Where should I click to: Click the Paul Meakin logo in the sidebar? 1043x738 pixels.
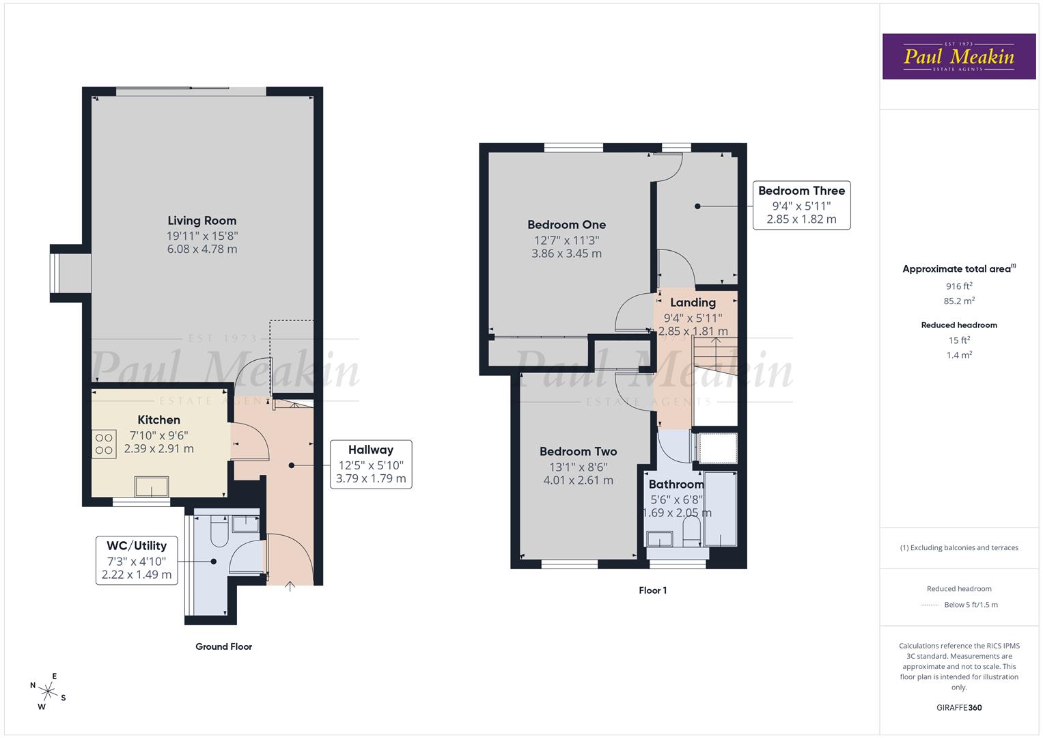click(x=958, y=57)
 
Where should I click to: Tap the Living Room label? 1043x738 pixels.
click(x=202, y=221)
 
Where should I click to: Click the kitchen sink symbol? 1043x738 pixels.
click(x=152, y=487)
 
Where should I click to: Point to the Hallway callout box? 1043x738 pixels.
click(x=370, y=464)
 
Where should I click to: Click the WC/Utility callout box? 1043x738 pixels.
click(x=137, y=560)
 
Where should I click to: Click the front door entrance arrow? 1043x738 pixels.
click(x=290, y=586)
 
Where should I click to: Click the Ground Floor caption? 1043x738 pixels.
click(x=223, y=646)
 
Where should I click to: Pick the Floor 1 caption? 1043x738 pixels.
click(x=652, y=590)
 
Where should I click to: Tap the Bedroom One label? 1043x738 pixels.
click(x=566, y=225)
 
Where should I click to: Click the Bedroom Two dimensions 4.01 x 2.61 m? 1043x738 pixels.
click(x=578, y=480)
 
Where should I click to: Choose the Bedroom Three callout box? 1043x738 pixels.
click(x=801, y=205)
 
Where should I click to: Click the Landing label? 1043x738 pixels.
click(x=693, y=303)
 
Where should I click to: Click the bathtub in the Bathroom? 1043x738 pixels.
click(x=721, y=508)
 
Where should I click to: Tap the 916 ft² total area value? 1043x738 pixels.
click(x=959, y=286)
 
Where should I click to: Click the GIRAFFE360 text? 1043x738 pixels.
click(x=958, y=707)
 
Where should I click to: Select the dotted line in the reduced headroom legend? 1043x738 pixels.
click(x=929, y=605)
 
